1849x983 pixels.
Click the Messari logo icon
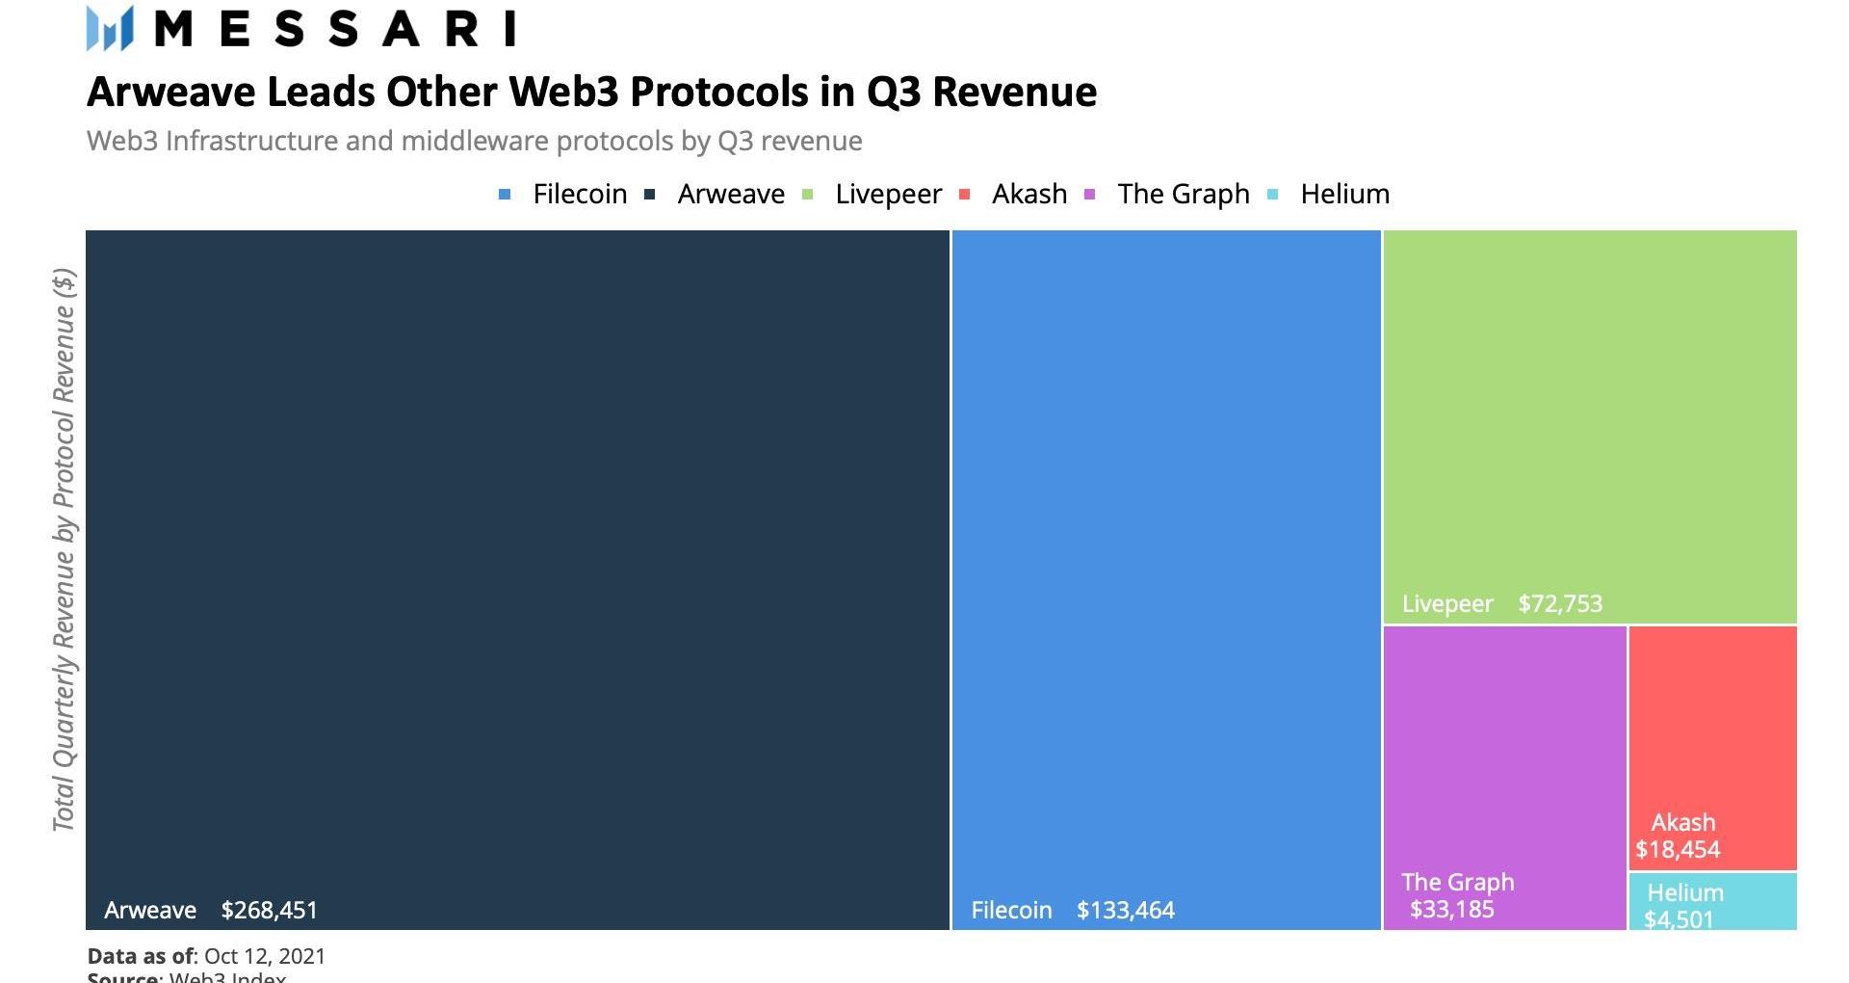pos(109,28)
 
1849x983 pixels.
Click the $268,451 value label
pos(269,911)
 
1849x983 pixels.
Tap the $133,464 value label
pos(1125,911)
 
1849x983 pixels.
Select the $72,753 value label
pos(1560,604)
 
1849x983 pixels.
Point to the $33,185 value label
pos(1451,910)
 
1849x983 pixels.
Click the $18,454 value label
pos(1678,850)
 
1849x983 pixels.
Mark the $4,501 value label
pos(1679,919)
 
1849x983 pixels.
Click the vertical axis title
pos(64,549)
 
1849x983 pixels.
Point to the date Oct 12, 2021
pos(265,957)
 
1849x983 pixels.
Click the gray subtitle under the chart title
pos(474,142)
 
